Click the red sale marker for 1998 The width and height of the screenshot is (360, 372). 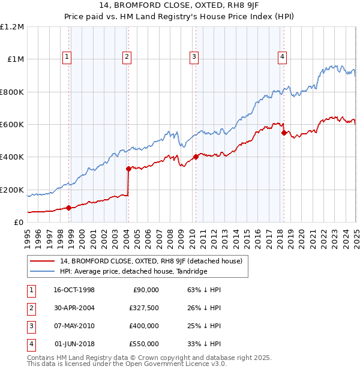click(x=68, y=208)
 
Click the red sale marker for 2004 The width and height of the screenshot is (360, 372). click(x=128, y=169)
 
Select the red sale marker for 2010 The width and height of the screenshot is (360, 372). click(x=196, y=157)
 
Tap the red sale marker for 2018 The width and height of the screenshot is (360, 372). click(x=284, y=133)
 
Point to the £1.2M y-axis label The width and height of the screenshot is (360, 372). click(x=13, y=27)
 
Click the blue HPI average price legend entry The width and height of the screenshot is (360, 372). click(x=133, y=272)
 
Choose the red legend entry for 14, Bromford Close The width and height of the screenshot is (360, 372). click(x=151, y=262)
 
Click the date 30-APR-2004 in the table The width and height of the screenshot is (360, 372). click(x=74, y=308)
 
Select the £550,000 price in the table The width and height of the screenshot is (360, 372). click(x=145, y=344)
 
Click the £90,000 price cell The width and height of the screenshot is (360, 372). click(x=146, y=290)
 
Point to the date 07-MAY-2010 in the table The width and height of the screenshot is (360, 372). click(x=75, y=326)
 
